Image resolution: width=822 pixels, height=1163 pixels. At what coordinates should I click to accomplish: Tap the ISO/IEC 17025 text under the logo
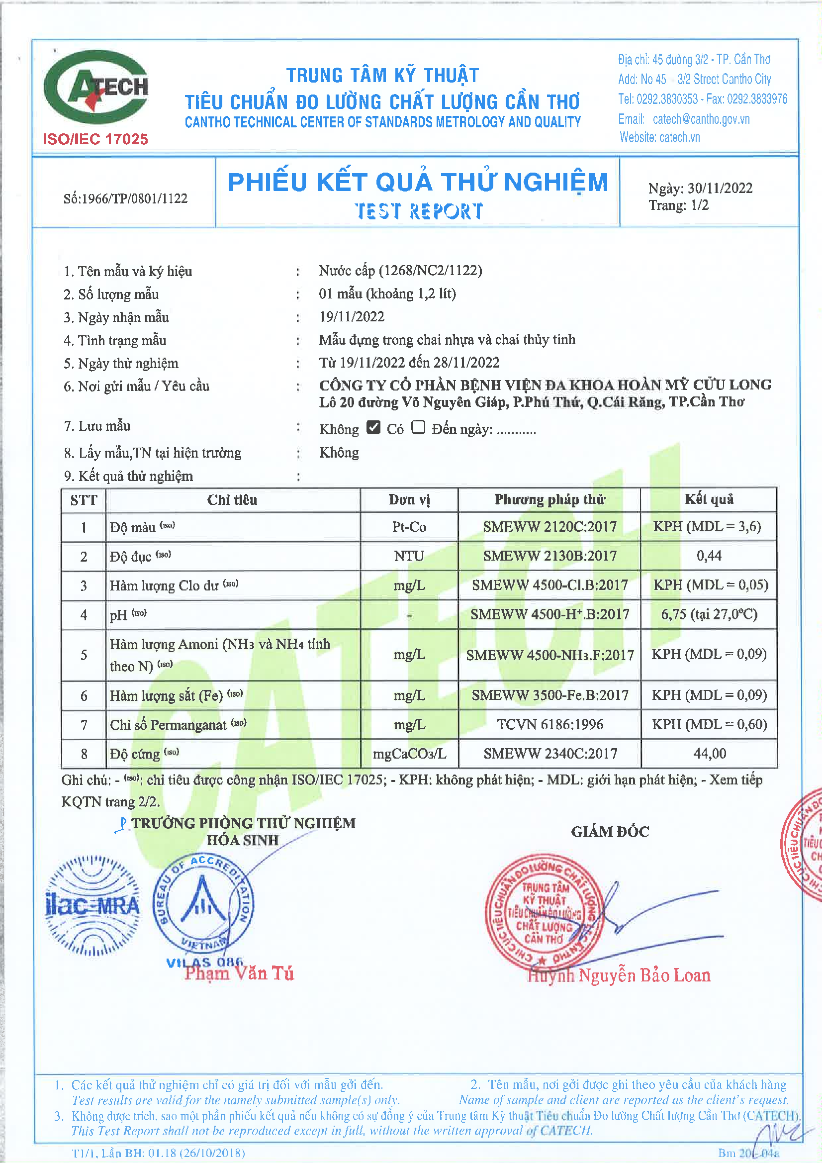95,139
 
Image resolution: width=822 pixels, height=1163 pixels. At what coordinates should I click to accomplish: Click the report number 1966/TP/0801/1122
126,198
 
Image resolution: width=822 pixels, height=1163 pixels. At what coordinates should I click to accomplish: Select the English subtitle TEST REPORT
418,211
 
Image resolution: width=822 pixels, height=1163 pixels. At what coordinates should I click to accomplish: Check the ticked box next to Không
373,427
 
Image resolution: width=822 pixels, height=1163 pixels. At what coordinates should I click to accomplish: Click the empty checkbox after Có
418,427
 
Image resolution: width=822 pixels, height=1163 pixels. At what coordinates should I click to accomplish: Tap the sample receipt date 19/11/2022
352,316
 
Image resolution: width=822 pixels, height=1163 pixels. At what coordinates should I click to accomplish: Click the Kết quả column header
709,499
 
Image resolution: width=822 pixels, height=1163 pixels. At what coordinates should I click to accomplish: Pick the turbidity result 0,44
709,556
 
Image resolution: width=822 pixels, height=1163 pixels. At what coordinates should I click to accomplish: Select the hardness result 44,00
709,754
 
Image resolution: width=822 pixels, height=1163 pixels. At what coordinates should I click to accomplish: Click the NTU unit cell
409,556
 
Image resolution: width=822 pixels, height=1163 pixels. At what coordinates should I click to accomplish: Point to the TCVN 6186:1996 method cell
549,724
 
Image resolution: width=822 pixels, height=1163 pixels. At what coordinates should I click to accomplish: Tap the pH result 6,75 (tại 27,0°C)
709,614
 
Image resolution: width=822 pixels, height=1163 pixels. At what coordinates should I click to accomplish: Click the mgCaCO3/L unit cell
409,754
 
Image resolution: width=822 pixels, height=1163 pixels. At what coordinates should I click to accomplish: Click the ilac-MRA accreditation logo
92,906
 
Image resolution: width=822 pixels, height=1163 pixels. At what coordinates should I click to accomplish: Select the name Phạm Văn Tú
239,973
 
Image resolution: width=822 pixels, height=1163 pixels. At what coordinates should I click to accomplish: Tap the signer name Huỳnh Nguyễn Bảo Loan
619,975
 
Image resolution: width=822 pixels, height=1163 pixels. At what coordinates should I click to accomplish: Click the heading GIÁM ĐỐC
610,832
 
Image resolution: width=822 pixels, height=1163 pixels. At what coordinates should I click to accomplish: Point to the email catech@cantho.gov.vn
701,119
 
